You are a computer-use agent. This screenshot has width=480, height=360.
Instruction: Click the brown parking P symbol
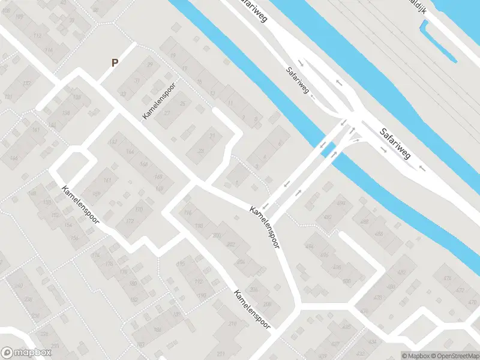(115, 62)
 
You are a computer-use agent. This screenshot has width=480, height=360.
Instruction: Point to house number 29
(150, 65)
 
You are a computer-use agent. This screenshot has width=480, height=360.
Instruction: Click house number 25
(182, 103)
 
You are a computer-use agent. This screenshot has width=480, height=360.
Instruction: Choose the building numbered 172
(130, 221)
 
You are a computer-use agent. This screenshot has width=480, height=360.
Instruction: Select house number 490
(342, 205)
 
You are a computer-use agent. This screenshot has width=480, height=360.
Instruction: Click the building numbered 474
(446, 278)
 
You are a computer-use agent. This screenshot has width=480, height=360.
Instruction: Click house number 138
(66, 113)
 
